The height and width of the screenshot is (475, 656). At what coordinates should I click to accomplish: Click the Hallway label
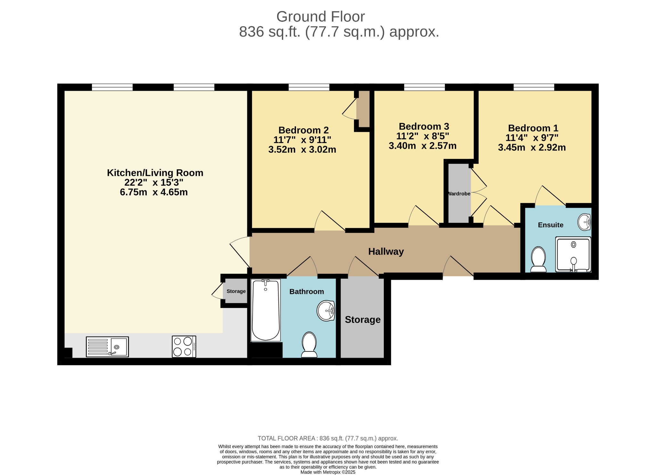pos(386,251)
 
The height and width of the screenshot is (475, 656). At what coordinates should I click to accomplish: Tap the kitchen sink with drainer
pos(107,347)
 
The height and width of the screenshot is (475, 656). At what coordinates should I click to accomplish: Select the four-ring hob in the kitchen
pos(184,347)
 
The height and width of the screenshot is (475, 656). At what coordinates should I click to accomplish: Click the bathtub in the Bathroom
pos(266,310)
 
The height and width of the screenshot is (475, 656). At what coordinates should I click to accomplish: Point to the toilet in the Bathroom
pos(309,345)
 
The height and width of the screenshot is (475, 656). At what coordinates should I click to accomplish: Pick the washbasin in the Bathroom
pos(326,310)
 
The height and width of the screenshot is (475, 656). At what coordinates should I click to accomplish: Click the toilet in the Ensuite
pos(538,259)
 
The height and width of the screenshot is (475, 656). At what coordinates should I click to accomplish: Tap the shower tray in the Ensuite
pos(573,254)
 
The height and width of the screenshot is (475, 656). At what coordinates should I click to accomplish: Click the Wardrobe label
pos(459,194)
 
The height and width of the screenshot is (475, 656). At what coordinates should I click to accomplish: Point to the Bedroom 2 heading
pos(303,130)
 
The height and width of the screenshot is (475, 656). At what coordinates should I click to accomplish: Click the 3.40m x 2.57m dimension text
pos(422,146)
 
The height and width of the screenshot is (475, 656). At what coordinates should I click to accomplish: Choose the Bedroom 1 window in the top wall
pos(534,87)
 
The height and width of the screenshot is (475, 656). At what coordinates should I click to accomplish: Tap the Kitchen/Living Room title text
pos(155,173)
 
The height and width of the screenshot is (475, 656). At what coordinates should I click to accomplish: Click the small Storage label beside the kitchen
pos(236,291)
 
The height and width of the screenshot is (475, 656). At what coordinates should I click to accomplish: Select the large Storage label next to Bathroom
pos(363,320)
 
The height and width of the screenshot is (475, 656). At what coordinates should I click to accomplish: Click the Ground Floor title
pos(320,17)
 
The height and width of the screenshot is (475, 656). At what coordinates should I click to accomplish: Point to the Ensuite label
pos(551,225)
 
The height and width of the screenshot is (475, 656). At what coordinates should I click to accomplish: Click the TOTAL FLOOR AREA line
pos(328,438)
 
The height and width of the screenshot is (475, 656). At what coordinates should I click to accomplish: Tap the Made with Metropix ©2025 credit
pos(328,472)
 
